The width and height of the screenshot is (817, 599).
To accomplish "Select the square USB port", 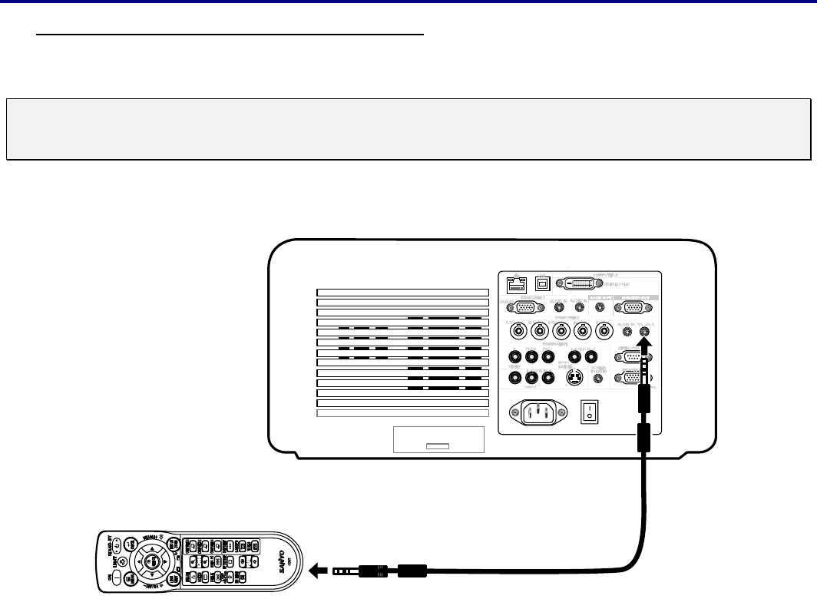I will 541,283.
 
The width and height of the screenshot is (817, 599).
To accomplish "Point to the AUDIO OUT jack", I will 600,308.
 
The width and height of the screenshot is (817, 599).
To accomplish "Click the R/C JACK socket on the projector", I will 643,331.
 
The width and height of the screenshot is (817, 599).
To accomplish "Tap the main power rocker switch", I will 590,412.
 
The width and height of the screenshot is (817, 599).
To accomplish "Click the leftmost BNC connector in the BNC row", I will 519,331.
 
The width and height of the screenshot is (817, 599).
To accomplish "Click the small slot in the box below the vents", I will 438,445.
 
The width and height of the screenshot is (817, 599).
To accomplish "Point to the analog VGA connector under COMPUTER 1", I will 525,308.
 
